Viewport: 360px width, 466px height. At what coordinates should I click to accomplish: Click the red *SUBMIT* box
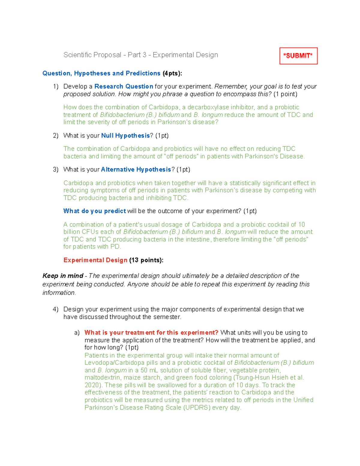(298, 56)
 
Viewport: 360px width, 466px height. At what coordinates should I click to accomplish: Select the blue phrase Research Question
(124, 86)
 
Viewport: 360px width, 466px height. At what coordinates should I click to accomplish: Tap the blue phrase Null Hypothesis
(125, 136)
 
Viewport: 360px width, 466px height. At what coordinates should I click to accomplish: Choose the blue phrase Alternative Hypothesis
(136, 170)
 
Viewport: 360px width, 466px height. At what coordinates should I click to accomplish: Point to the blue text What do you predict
(94, 211)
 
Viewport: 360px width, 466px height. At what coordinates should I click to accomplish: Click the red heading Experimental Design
(95, 260)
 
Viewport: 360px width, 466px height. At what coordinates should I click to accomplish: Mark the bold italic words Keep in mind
(63, 276)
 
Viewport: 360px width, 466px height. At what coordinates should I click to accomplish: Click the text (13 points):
(146, 260)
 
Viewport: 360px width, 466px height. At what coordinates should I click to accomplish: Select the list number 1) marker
(56, 86)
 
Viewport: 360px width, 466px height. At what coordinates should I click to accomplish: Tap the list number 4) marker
(56, 309)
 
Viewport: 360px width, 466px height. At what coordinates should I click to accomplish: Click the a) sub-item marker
(77, 332)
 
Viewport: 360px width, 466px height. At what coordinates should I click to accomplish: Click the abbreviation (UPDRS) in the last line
(197, 407)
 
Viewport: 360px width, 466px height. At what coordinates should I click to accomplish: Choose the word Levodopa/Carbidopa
(115, 363)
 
